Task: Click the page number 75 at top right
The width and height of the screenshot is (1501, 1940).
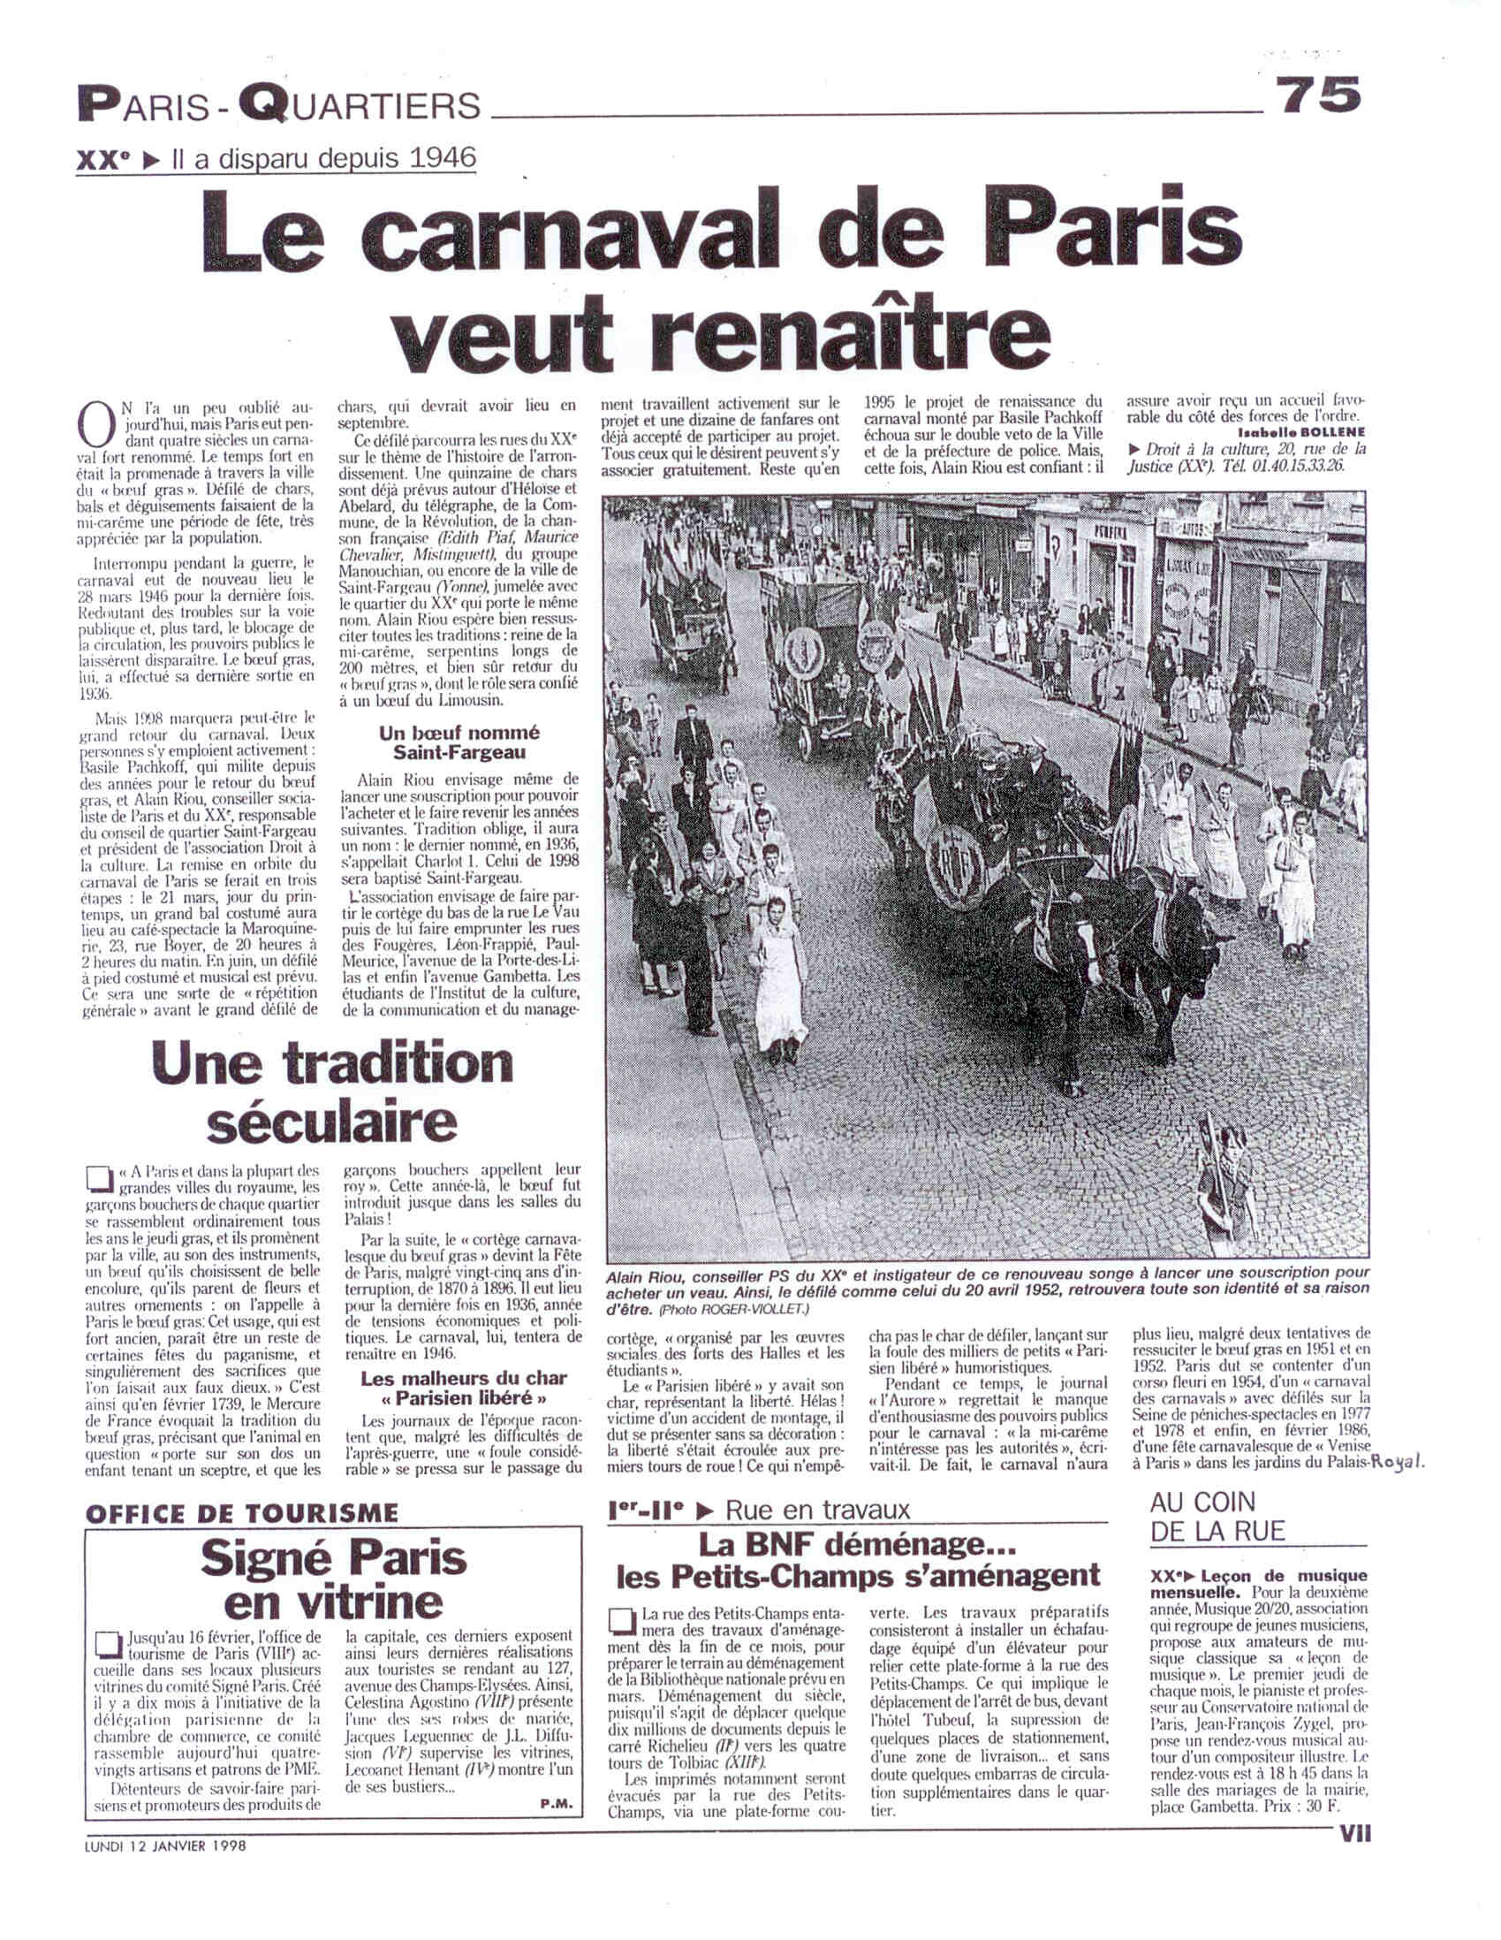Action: (x=1318, y=95)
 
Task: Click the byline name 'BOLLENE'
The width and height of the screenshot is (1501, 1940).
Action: (x=1335, y=435)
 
